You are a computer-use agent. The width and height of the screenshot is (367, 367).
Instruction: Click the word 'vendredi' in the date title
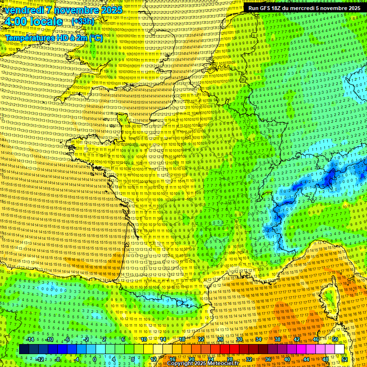(23, 10)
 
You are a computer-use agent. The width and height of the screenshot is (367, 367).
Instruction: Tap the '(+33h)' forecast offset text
(83, 21)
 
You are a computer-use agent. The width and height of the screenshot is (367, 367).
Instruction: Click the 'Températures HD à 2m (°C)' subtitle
(54, 38)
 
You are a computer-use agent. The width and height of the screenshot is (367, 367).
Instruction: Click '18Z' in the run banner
(278, 8)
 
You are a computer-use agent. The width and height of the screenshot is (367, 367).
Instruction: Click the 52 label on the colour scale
(345, 359)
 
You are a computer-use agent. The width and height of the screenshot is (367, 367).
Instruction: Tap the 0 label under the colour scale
(95, 359)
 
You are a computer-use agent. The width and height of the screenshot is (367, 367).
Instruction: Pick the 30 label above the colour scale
(239, 339)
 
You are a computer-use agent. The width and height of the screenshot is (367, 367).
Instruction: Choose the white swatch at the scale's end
(339, 349)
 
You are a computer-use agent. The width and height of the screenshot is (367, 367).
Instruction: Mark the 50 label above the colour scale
(335, 339)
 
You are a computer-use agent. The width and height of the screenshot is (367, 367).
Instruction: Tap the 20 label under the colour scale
(191, 359)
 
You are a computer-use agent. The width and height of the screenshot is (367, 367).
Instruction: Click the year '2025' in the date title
(110, 10)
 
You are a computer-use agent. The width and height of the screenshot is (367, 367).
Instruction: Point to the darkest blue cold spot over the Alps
(329, 179)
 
